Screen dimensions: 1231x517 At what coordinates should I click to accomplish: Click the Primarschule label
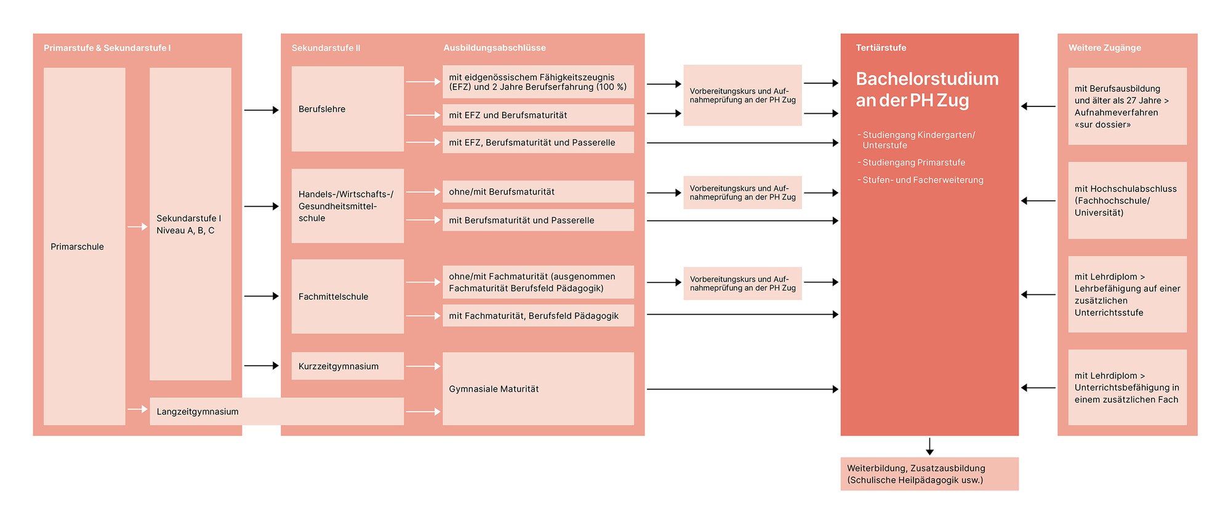(x=77, y=247)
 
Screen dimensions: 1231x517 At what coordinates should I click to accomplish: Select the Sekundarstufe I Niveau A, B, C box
(x=190, y=224)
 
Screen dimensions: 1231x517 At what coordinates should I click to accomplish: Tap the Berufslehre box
(x=348, y=109)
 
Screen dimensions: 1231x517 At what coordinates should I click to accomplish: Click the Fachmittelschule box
(x=348, y=297)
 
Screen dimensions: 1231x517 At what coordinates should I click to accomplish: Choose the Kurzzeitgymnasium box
(x=348, y=366)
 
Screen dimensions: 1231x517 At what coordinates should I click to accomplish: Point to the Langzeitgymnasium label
(x=198, y=412)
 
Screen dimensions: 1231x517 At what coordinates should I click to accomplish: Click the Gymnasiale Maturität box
(x=538, y=388)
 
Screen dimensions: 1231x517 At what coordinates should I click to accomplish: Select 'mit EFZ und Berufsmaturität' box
(x=538, y=115)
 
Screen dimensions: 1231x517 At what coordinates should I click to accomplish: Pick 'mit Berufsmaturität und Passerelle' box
(x=538, y=220)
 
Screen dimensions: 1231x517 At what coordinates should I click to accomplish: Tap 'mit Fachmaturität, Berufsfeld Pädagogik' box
(x=538, y=316)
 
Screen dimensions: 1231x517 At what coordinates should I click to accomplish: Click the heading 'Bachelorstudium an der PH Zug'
(x=927, y=89)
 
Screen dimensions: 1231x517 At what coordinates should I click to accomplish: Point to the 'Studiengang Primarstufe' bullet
(x=912, y=162)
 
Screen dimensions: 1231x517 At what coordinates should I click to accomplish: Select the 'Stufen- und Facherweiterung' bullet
(x=921, y=180)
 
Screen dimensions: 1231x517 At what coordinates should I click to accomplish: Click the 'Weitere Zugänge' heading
(x=1105, y=48)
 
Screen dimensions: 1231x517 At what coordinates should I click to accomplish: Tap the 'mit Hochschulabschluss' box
(x=1128, y=201)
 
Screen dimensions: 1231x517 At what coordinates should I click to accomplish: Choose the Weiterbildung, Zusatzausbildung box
(x=929, y=474)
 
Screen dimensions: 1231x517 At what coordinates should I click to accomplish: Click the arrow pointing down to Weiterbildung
(x=929, y=446)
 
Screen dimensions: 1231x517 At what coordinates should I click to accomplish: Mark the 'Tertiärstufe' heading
(x=881, y=48)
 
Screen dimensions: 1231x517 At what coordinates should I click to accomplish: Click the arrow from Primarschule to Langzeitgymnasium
(x=137, y=409)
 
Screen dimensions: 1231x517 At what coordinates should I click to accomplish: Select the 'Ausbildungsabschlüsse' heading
(x=495, y=48)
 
